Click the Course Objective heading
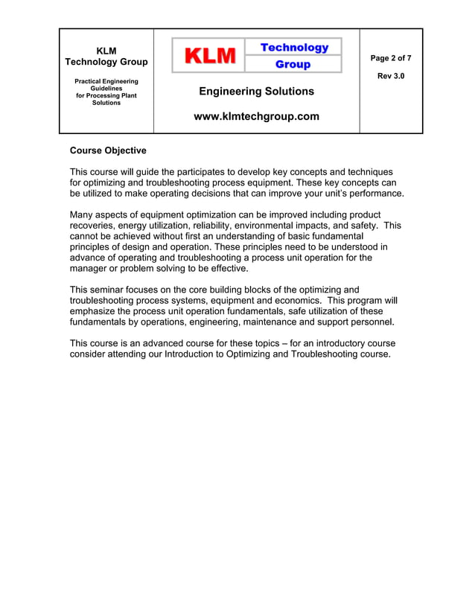point(108,150)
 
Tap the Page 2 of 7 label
point(391,58)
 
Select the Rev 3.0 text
point(391,77)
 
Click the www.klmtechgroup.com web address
point(256,116)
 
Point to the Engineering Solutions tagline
point(256,92)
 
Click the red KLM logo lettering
point(209,56)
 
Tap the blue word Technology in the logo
point(294,48)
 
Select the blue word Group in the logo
point(293,65)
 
